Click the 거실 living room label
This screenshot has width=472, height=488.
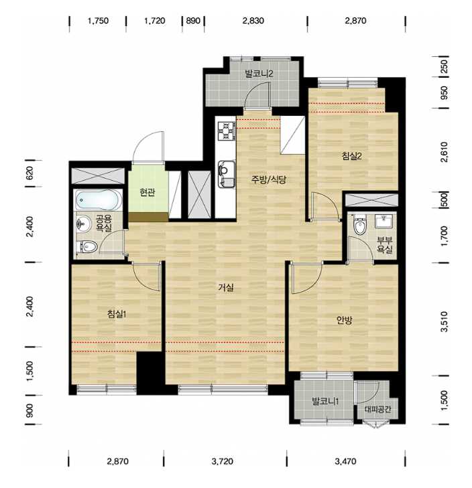click(x=226, y=288)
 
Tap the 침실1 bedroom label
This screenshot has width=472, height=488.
click(x=116, y=314)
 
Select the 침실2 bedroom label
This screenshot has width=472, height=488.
click(x=352, y=156)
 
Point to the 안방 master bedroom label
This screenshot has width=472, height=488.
click(x=344, y=320)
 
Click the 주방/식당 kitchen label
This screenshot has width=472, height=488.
click(x=269, y=179)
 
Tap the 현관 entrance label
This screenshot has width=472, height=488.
click(x=147, y=193)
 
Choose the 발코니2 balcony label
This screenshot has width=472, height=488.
click(x=259, y=74)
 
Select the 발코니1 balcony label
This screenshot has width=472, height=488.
click(x=325, y=402)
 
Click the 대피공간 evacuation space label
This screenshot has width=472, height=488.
click(x=377, y=409)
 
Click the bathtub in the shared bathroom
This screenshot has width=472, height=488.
click(x=99, y=199)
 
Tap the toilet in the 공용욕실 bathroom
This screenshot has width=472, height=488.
click(x=87, y=247)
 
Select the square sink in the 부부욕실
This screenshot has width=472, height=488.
click(x=385, y=222)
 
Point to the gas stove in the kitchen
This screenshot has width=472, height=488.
click(x=227, y=131)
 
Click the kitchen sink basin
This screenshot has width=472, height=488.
click(x=227, y=174)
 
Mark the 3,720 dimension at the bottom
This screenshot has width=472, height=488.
click(x=223, y=461)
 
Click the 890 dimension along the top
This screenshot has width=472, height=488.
click(x=193, y=21)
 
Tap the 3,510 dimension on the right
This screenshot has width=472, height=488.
click(x=445, y=321)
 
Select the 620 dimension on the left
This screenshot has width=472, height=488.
click(x=29, y=173)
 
